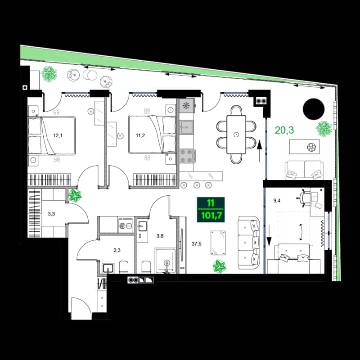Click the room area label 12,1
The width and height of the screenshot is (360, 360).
[x=58, y=135]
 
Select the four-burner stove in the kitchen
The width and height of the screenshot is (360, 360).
[x=187, y=156]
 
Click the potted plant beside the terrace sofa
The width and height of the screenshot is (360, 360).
[x=323, y=129]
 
